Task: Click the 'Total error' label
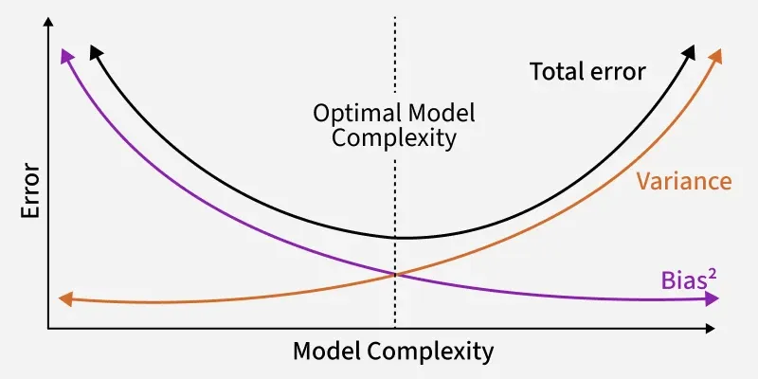click(x=587, y=71)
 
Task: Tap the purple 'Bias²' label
click(x=686, y=280)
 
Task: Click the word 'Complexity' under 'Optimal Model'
click(x=394, y=138)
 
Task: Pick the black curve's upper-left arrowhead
click(x=94, y=48)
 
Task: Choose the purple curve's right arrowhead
click(x=712, y=299)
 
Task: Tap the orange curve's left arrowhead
click(x=64, y=299)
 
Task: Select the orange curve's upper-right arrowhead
click(x=717, y=52)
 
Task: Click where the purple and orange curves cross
click(x=394, y=274)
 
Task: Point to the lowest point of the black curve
click(x=398, y=237)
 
